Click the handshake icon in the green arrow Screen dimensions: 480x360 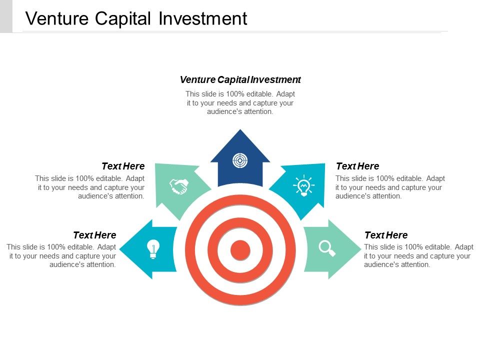(x=179, y=186)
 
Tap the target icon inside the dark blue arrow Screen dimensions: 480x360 (x=240, y=160)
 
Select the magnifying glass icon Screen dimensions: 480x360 (x=327, y=248)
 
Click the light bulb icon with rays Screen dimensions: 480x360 (x=303, y=185)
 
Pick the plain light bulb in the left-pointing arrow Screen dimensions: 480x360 (x=153, y=249)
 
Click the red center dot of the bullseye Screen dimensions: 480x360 (x=240, y=250)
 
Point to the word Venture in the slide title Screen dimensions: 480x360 (x=57, y=18)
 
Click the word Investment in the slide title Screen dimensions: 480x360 (x=203, y=18)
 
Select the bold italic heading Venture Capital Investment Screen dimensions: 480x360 (x=240, y=79)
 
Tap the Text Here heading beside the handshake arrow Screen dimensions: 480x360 (x=123, y=166)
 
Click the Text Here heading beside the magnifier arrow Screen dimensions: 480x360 (x=386, y=235)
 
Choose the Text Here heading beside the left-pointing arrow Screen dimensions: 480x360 (x=94, y=235)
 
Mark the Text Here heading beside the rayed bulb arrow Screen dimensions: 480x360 (x=357, y=166)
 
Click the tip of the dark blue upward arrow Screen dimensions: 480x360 (x=240, y=129)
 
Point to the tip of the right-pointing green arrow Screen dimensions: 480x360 (x=361, y=249)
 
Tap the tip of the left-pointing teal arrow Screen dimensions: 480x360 (x=119, y=249)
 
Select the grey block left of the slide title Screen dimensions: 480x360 (x=6, y=16)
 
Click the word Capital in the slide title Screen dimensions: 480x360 (x=123, y=18)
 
